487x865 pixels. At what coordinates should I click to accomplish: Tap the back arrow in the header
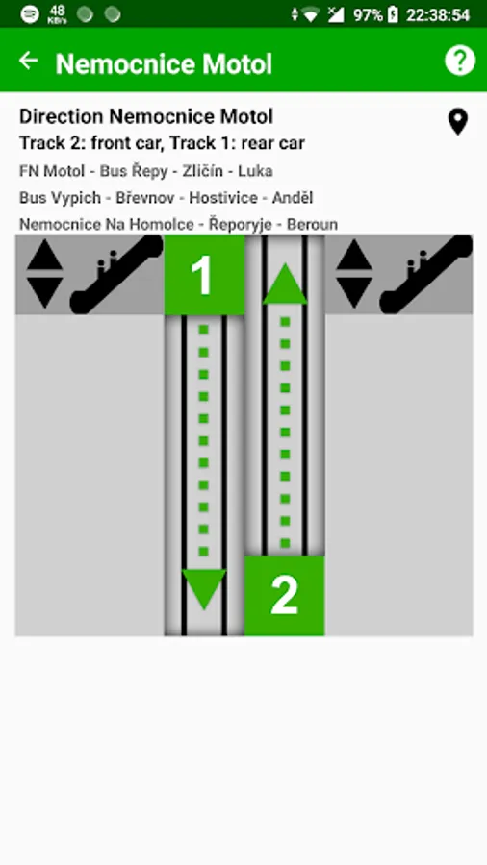click(28, 61)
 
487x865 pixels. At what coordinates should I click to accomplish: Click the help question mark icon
click(460, 61)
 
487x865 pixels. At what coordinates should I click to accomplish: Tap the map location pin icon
click(458, 121)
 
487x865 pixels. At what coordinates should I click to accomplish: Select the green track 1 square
click(204, 275)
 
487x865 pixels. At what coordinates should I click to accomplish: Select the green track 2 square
click(284, 596)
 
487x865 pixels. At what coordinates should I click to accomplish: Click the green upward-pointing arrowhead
click(285, 284)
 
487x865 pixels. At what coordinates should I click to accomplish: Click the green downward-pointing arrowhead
click(204, 589)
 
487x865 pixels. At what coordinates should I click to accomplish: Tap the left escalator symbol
click(116, 275)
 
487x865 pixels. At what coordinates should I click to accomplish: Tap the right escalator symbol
click(425, 275)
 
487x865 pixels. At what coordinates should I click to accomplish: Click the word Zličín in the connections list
click(203, 171)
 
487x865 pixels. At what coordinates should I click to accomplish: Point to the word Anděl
click(293, 197)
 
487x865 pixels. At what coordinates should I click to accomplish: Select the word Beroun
click(312, 225)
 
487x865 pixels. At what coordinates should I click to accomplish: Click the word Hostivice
click(223, 197)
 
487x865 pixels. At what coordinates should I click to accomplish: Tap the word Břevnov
click(145, 197)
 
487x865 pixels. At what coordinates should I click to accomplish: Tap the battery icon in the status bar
click(393, 14)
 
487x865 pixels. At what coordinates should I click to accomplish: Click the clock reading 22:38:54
click(438, 14)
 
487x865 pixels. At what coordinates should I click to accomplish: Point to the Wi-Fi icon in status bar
click(312, 14)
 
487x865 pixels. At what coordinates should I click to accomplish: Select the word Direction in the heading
click(62, 116)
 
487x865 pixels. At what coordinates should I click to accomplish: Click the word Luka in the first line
click(255, 171)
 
